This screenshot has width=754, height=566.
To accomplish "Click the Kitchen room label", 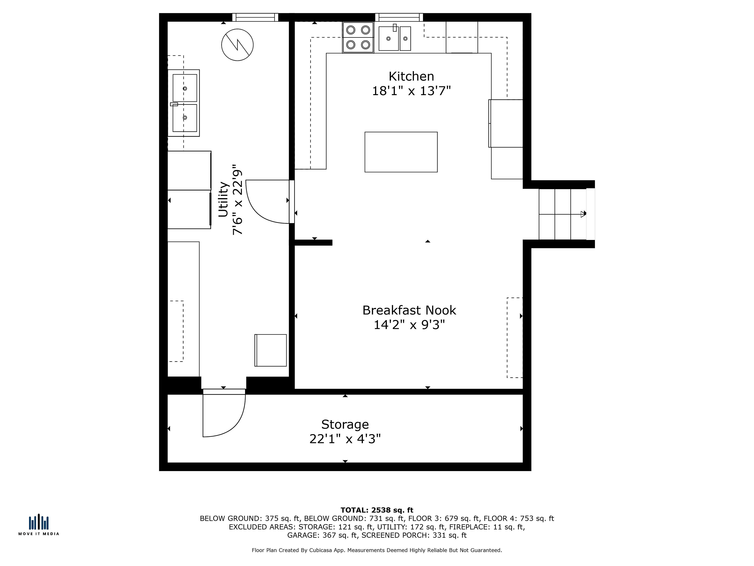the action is click(x=411, y=76).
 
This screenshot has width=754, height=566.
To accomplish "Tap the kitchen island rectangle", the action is click(x=401, y=152).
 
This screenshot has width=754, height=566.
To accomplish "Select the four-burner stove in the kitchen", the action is click(x=358, y=38).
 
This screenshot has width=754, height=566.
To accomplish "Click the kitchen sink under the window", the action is click(x=395, y=38).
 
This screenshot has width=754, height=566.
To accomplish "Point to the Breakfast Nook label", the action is click(x=409, y=310).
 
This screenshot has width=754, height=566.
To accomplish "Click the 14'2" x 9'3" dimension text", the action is click(x=409, y=325).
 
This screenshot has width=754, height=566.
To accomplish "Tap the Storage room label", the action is click(x=345, y=424).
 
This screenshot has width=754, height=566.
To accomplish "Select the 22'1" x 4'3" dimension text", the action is click(x=345, y=439).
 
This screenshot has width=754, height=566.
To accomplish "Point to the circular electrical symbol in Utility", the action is click(x=237, y=45).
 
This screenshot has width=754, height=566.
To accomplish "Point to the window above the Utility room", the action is click(x=255, y=17).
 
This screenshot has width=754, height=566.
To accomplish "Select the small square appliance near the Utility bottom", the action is click(x=271, y=350).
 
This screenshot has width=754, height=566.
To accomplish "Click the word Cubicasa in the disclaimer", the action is click(x=329, y=550).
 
